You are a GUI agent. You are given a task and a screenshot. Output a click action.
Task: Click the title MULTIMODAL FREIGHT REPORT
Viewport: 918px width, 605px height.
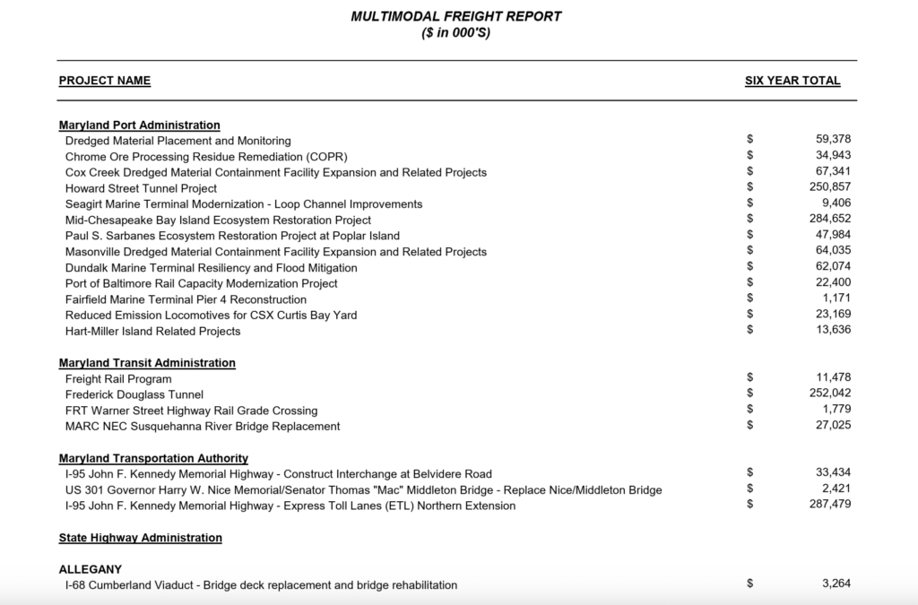(456, 17)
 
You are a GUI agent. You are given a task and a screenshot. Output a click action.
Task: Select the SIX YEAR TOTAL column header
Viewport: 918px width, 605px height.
(792, 81)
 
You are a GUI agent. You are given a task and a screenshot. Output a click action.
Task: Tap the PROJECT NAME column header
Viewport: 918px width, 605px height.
(105, 81)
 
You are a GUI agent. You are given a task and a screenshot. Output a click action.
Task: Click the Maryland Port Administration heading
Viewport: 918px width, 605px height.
(139, 125)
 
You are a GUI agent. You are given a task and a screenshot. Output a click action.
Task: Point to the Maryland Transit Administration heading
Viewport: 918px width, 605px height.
(147, 363)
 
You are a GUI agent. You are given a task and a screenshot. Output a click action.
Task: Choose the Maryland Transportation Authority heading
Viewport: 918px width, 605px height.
(153, 458)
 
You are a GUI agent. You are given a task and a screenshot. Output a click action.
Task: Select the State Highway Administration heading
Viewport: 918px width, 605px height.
(140, 538)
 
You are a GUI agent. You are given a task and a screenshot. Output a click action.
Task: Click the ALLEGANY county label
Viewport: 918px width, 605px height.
(90, 569)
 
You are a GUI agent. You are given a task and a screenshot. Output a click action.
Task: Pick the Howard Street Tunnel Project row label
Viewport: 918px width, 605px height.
(141, 188)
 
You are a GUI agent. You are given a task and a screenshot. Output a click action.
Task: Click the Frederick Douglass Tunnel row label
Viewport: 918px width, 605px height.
(134, 394)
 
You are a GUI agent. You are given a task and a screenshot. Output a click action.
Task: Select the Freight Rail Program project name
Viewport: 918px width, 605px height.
(118, 379)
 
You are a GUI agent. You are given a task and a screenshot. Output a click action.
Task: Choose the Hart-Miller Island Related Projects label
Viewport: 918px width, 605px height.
(153, 331)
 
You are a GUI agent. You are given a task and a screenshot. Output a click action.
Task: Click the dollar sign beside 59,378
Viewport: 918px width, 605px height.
(750, 140)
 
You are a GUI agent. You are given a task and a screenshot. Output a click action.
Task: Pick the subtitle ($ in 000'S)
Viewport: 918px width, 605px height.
(456, 33)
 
